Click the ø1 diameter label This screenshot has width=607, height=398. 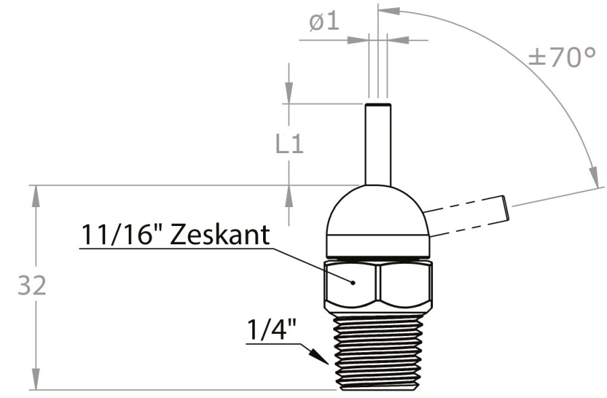click(x=324, y=22)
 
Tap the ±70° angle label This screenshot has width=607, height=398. click(x=562, y=57)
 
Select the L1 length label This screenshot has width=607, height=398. click(x=289, y=144)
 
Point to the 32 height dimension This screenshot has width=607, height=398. click(x=32, y=286)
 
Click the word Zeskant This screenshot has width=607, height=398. click(x=219, y=235)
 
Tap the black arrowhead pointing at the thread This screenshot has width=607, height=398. click(x=318, y=355)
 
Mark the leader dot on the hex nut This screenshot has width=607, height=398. click(x=353, y=283)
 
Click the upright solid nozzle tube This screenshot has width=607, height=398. click(x=378, y=144)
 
